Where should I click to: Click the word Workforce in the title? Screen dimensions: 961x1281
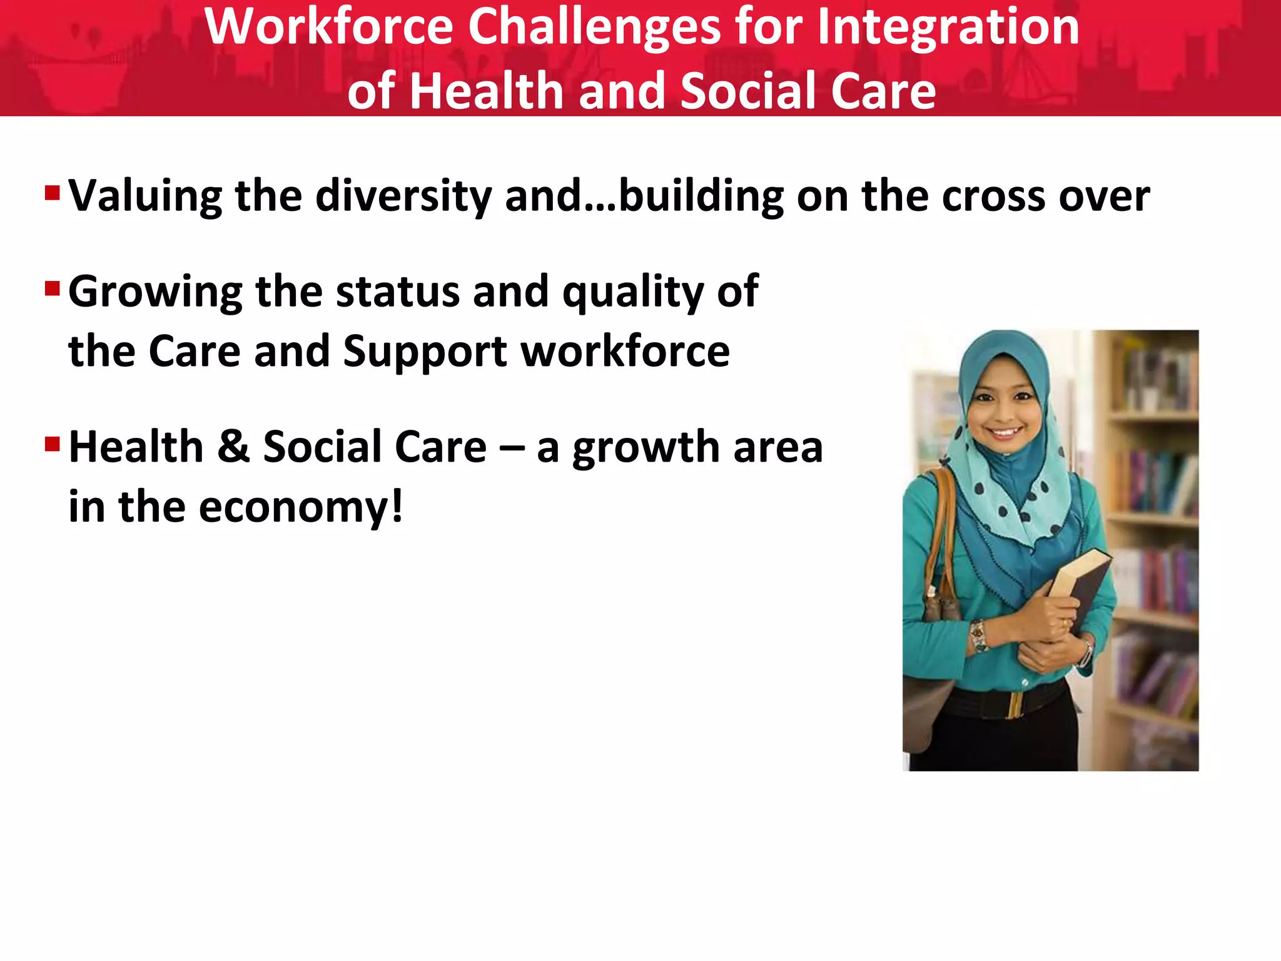click(329, 28)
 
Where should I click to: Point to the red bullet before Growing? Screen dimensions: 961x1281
click(52, 288)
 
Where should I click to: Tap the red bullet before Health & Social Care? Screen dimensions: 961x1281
click(52, 444)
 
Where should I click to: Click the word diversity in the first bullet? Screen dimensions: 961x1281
click(403, 196)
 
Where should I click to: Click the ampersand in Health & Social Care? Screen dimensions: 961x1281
click(233, 447)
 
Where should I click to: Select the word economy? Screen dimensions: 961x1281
click(301, 507)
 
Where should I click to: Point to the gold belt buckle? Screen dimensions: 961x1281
click(1016, 704)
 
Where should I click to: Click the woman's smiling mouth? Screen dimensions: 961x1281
click(1005, 432)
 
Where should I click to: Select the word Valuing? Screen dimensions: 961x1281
click(144, 196)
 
